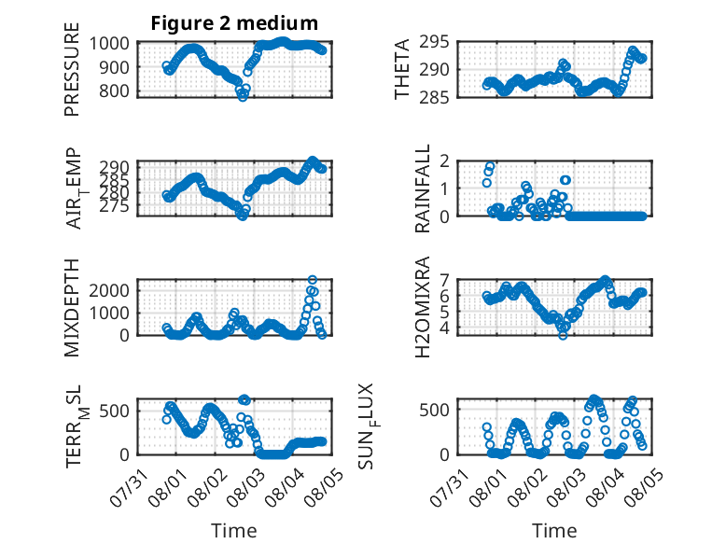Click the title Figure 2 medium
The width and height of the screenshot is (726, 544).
[234, 23]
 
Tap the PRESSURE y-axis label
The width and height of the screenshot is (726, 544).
[72, 69]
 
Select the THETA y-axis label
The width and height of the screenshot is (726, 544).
[402, 69]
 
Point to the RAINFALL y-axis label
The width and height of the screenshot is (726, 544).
[423, 188]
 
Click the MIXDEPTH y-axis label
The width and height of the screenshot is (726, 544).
[72, 308]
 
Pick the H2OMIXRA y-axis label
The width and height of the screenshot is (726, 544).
[423, 307]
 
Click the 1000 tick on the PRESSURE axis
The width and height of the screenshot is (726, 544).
[109, 44]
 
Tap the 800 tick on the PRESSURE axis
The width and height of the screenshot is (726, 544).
[115, 91]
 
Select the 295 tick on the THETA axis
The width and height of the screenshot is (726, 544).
[434, 42]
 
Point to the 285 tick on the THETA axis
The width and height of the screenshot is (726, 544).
[434, 97]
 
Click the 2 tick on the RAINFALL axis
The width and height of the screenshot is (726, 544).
[444, 161]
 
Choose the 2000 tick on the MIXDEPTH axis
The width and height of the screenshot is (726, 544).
[109, 291]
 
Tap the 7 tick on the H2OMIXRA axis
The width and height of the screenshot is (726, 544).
[444, 280]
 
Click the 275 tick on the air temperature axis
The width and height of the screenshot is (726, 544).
[115, 206]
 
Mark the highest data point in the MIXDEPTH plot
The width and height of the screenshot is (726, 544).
[313, 280]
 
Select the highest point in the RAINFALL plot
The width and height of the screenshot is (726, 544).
[490, 166]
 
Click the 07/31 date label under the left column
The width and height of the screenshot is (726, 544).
[130, 487]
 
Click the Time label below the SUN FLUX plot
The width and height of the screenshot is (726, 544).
[554, 530]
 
